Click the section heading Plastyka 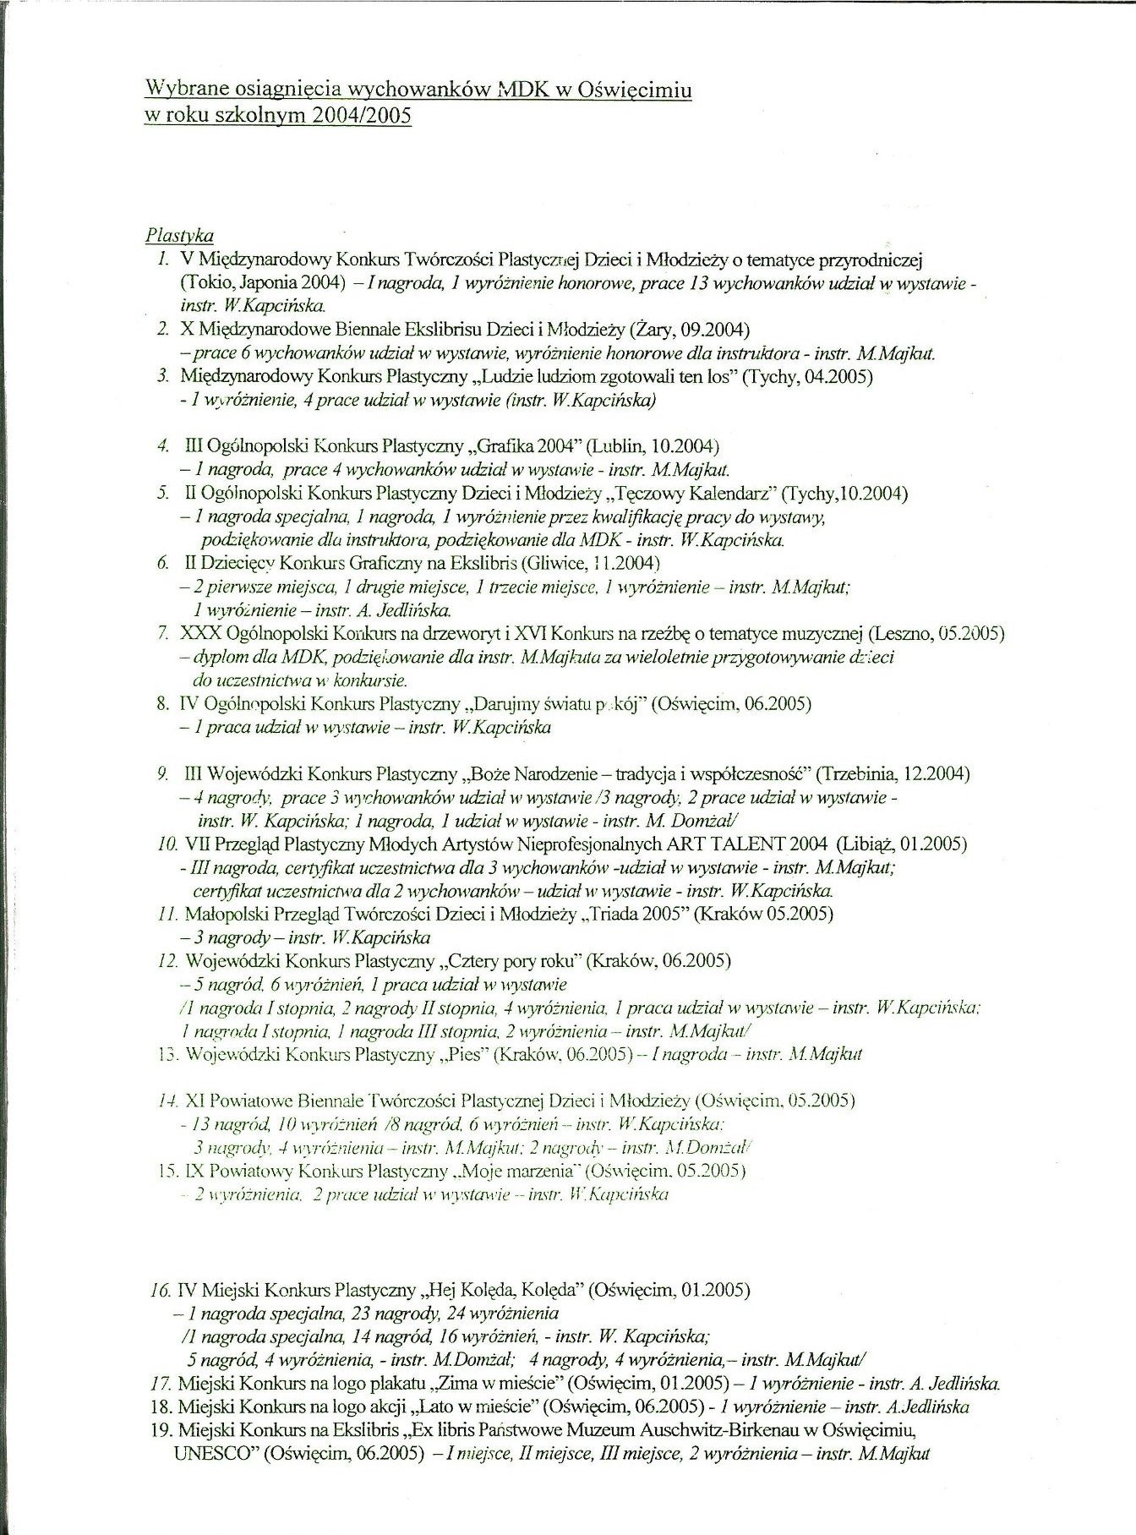click(x=179, y=235)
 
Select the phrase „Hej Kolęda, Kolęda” click(x=499, y=1290)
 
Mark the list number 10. click(x=167, y=844)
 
